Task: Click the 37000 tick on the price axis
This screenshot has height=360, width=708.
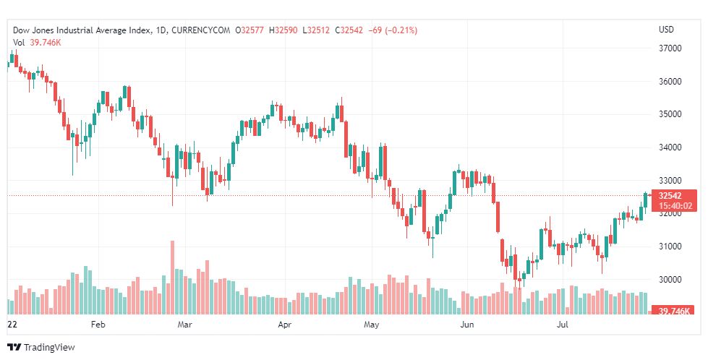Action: coord(670,48)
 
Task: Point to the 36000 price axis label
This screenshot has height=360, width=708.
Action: coord(670,82)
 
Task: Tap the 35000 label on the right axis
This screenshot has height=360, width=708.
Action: coord(670,114)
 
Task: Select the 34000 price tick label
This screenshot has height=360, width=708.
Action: coord(670,147)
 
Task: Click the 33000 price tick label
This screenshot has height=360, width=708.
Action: coord(670,181)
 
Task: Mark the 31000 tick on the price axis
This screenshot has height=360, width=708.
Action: coord(670,247)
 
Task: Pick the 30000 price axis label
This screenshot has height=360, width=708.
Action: coord(670,280)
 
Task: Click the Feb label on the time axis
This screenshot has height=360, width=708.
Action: coord(98,325)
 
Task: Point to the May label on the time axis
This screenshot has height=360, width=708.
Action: coord(371,325)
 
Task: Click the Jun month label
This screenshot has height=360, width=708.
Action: coord(466,325)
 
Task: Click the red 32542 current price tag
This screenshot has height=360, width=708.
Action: coord(671,195)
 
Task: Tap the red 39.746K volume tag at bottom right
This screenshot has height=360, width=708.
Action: coord(673,311)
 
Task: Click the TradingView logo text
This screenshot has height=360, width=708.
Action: coord(48,348)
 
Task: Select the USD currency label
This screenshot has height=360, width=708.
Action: coord(666,30)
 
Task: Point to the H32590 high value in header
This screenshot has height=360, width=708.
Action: coord(283,30)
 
